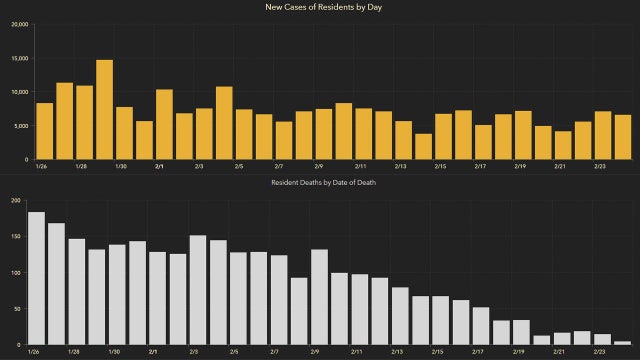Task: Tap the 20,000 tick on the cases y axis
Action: click(19, 24)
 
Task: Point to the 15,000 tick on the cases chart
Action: click(19, 58)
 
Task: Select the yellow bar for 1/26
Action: click(45, 131)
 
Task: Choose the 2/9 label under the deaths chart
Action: click(317, 353)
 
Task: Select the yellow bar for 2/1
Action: click(164, 125)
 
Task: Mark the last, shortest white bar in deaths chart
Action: click(622, 342)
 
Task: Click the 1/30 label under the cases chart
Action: click(121, 167)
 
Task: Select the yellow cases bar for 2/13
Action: click(403, 140)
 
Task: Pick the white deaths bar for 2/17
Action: click(481, 326)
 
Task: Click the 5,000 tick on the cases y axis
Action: click(21, 126)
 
